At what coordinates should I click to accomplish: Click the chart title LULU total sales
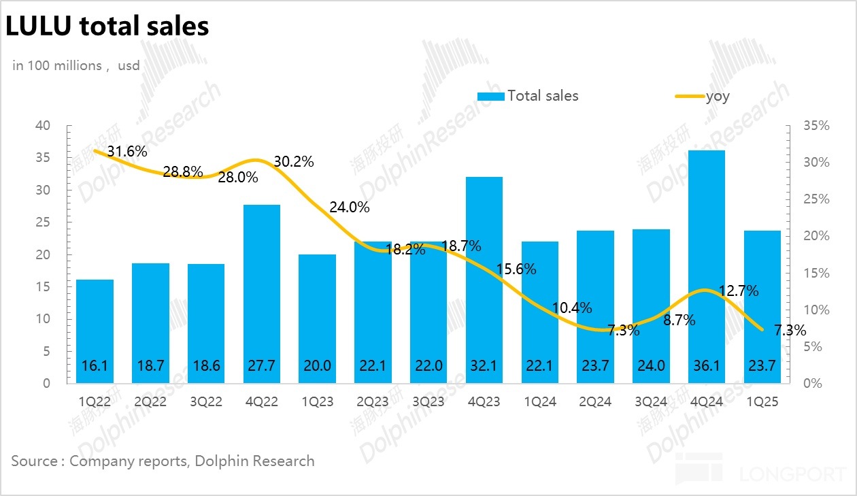(x=107, y=27)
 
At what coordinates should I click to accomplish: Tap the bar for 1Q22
(x=95, y=331)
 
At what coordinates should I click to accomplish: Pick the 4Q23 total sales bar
(x=484, y=280)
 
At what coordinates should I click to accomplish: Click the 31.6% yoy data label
(x=127, y=151)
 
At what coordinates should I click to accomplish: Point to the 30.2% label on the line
(x=294, y=162)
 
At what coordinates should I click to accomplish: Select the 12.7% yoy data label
(x=739, y=291)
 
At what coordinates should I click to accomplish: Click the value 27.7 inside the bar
(x=262, y=365)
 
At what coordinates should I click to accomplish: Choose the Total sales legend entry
(x=528, y=96)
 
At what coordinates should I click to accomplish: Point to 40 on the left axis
(x=43, y=126)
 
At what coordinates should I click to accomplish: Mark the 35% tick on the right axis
(x=816, y=126)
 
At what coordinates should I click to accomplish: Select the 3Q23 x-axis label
(x=428, y=402)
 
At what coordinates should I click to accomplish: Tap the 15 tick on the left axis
(x=43, y=287)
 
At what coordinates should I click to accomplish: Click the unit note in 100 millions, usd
(x=76, y=66)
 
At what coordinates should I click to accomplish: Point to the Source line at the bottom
(x=163, y=461)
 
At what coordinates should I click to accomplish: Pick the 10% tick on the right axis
(x=816, y=310)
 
